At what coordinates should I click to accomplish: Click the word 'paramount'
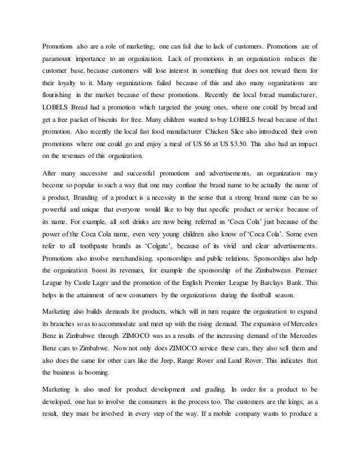[x=60, y=58]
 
